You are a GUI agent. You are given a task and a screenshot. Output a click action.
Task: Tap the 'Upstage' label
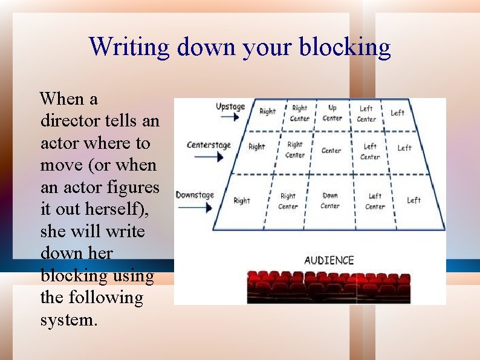point(230,107)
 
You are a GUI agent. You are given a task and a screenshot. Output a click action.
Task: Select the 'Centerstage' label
point(209,145)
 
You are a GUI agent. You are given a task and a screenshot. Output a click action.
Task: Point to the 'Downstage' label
point(195,195)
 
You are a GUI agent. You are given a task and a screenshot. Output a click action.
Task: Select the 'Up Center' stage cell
point(332,113)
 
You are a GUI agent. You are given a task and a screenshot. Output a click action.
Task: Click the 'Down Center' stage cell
point(330,200)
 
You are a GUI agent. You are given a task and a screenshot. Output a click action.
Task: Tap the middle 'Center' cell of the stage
point(331,151)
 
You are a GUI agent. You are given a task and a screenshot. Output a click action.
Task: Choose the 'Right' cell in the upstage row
point(267,111)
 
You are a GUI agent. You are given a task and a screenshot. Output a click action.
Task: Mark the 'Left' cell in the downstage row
point(414,200)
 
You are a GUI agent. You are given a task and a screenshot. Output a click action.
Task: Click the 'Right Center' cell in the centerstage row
point(295,150)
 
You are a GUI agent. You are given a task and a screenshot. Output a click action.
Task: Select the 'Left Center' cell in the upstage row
point(366,114)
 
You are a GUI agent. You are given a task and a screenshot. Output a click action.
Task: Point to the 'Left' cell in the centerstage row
point(404,148)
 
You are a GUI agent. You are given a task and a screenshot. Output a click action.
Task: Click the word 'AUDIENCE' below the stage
point(329,260)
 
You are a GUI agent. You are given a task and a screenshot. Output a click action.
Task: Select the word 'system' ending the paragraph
point(66,320)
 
